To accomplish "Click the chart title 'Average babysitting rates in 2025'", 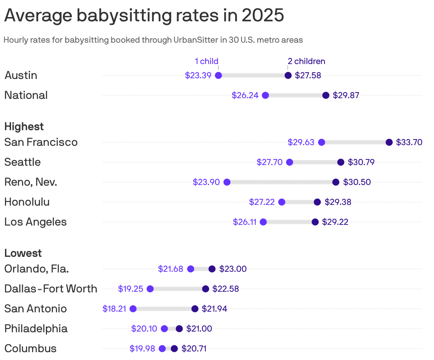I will [x=144, y=15].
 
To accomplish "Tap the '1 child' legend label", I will [x=206, y=61].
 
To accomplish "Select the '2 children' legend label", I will [x=306, y=61].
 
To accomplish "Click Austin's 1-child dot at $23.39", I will [x=218, y=75].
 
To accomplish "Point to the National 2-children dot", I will [x=326, y=95].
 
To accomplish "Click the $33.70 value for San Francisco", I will [x=409, y=142].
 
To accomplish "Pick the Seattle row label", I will [x=22, y=162].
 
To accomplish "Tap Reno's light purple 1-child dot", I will [x=227, y=182].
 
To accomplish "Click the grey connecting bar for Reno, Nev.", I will [x=281, y=182].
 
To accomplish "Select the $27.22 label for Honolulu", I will [x=262, y=202].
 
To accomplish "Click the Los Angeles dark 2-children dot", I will [x=315, y=222].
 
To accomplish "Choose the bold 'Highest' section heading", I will [x=24, y=127].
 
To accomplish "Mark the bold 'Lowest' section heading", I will [x=23, y=253].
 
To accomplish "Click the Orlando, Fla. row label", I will [x=37, y=269].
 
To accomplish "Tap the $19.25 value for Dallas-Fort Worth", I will [x=131, y=289].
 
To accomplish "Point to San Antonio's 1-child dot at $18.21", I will [x=133, y=309].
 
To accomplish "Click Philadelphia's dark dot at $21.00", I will [x=179, y=329].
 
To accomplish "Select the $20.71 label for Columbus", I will [x=194, y=349].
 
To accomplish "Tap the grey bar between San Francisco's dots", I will [x=355, y=142].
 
